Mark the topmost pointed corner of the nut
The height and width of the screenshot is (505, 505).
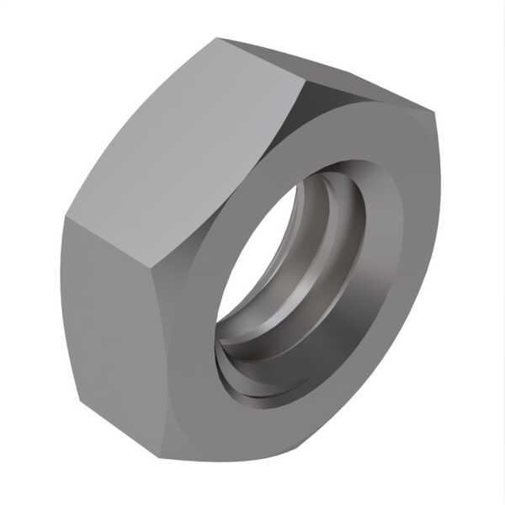[x=217, y=38]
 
